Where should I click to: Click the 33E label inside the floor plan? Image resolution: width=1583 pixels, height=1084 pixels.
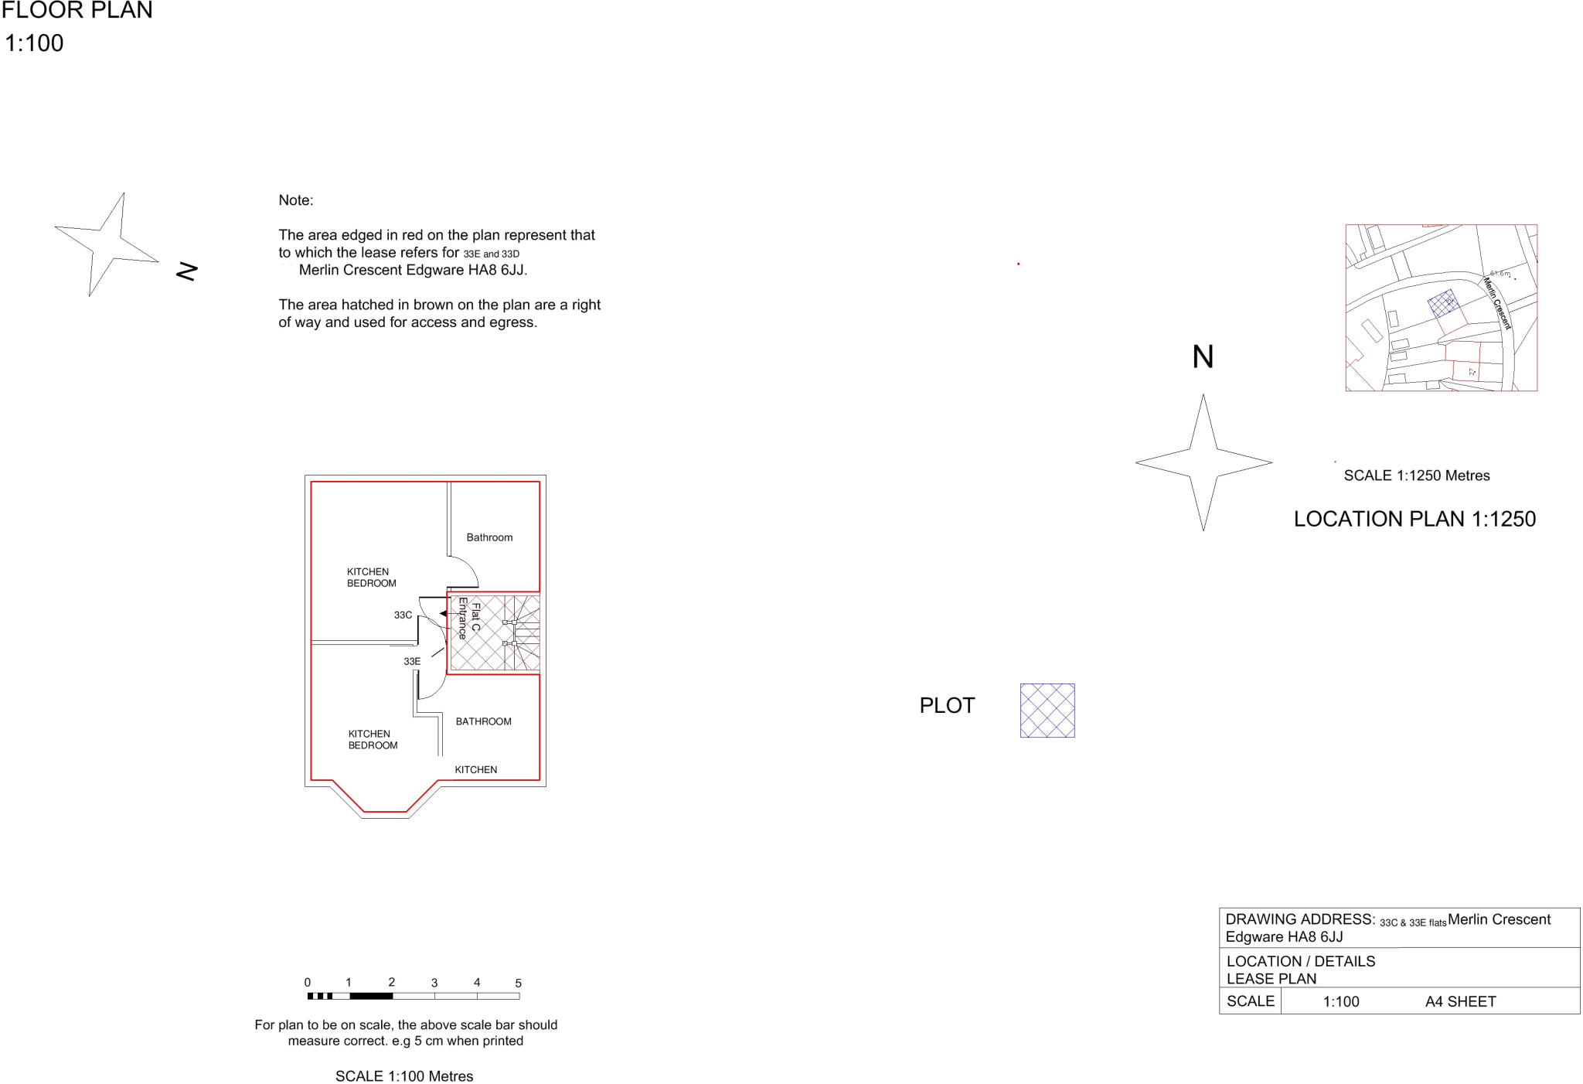412,662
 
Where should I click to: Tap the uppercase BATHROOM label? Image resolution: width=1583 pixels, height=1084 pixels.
484,722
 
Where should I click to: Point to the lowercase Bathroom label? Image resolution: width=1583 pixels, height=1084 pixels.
489,537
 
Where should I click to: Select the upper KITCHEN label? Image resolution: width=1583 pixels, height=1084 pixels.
368,572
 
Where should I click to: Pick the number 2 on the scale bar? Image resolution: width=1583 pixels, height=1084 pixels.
392,983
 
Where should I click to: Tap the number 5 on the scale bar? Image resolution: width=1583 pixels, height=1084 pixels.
518,983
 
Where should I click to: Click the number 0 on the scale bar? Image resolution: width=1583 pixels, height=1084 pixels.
308,983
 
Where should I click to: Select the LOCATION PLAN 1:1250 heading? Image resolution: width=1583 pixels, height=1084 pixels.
1415,520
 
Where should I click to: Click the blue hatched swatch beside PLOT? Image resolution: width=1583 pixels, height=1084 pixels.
1047,711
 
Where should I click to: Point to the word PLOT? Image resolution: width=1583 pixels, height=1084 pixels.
948,706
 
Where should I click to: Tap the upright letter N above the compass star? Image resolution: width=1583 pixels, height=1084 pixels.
1204,357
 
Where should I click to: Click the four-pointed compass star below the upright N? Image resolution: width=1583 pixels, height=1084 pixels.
1204,462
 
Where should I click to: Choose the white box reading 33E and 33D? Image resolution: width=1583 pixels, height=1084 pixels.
497,254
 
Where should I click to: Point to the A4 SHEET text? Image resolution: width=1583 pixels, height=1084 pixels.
1460,1002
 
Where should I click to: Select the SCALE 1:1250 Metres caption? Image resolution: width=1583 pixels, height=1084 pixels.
1417,476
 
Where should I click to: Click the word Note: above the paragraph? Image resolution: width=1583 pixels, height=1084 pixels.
297,199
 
